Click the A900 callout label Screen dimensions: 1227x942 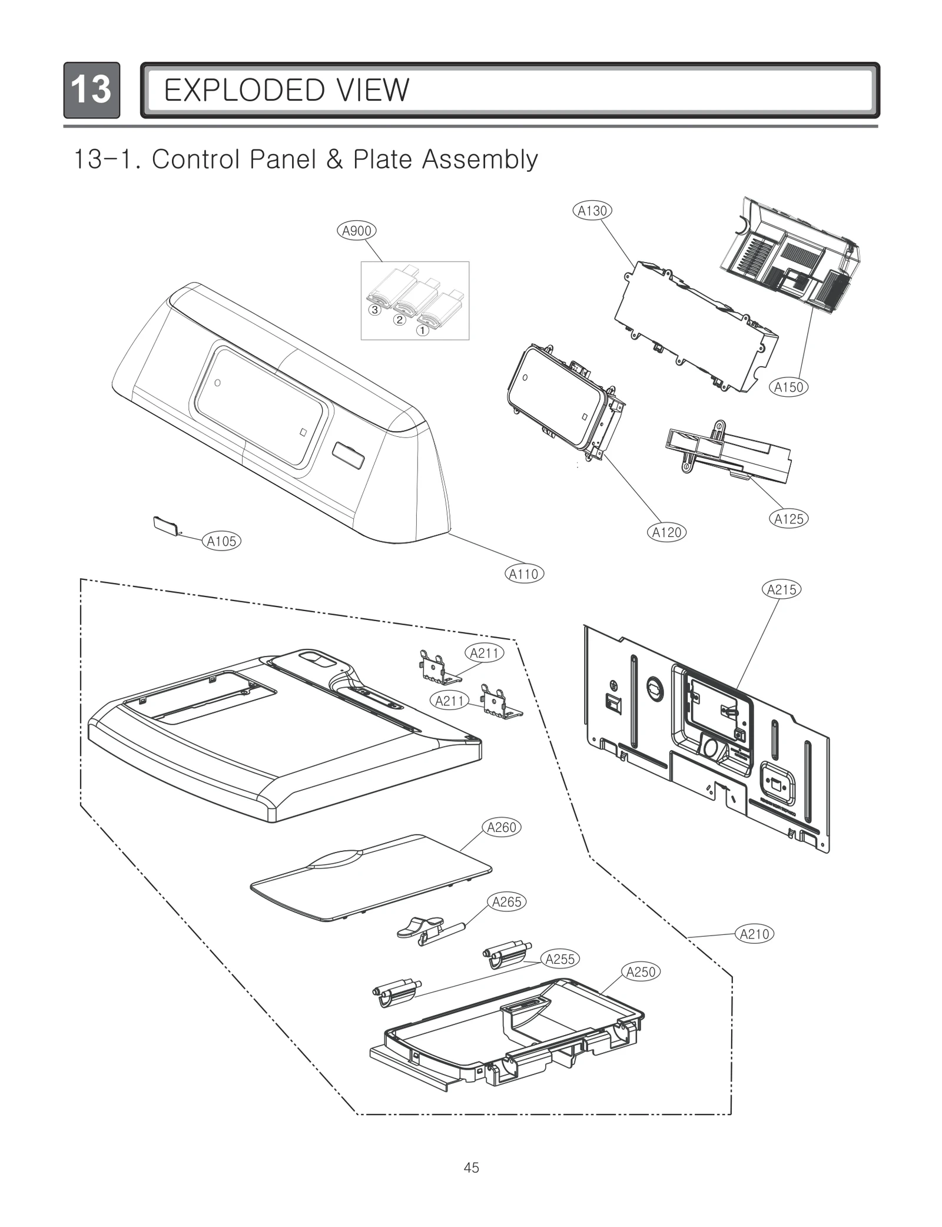point(356,231)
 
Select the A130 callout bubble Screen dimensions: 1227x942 point(592,211)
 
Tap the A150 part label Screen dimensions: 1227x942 point(788,387)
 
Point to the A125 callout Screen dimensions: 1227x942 point(788,519)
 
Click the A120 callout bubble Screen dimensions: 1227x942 point(667,532)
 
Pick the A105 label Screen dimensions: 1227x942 point(222,541)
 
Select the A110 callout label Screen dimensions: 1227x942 point(524,573)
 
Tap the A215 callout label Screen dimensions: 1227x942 point(781,589)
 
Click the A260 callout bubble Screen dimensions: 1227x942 point(502,827)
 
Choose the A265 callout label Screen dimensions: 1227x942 point(507,901)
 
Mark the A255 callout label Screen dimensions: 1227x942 point(560,959)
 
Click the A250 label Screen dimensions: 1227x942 point(641,972)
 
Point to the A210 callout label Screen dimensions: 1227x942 point(754,934)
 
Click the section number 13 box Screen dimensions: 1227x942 point(91,90)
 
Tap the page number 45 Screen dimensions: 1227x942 point(471,1167)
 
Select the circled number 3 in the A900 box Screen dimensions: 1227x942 point(374,310)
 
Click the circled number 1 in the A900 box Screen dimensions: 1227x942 point(422,330)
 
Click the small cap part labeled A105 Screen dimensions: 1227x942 point(164,525)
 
